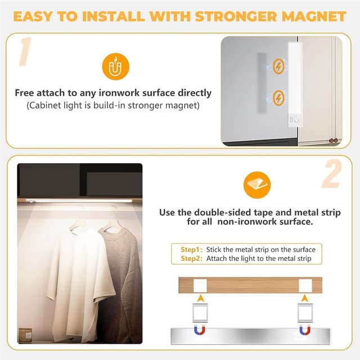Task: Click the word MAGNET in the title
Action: click(x=314, y=16)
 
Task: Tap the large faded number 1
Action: click(x=25, y=51)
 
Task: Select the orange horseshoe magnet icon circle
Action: click(x=116, y=66)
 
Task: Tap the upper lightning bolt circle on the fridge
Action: click(x=278, y=66)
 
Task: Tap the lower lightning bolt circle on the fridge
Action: click(x=278, y=98)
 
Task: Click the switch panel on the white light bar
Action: click(x=294, y=119)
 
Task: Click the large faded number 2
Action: click(x=332, y=174)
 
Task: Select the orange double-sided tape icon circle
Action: click(x=257, y=185)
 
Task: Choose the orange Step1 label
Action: click(x=191, y=250)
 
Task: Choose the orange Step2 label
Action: click(x=191, y=259)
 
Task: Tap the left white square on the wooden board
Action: click(x=200, y=286)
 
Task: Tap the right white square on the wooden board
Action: click(x=305, y=286)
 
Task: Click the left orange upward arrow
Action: click(x=201, y=298)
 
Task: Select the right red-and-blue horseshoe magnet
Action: click(x=305, y=331)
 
